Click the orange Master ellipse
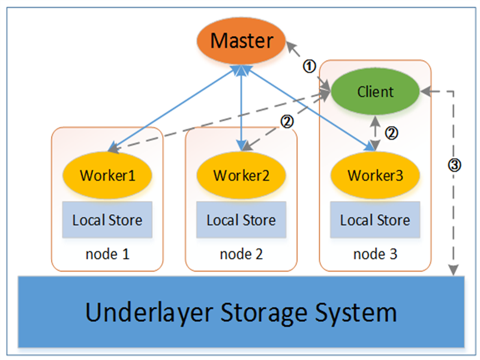(x=241, y=41)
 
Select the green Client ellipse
(x=376, y=92)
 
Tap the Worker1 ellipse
(x=107, y=176)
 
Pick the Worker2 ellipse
(x=241, y=176)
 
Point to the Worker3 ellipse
(x=375, y=176)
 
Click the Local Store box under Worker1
(x=107, y=220)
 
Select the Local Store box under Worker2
(x=241, y=220)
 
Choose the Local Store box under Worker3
(x=375, y=220)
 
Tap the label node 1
(x=107, y=254)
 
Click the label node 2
(x=241, y=254)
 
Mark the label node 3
(x=375, y=254)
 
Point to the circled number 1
(x=308, y=66)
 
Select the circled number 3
(x=455, y=166)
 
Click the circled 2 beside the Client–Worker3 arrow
(x=391, y=133)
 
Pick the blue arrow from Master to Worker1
(x=174, y=108)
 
